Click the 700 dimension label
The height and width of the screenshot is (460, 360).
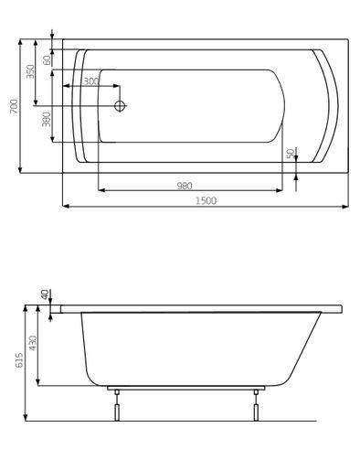(x=13, y=106)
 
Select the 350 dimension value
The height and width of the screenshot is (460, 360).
(x=32, y=71)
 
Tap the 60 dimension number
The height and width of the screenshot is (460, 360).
(x=46, y=60)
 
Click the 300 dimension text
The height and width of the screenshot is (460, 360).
(x=90, y=81)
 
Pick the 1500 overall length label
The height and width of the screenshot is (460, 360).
(x=206, y=200)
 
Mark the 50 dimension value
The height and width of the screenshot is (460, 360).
(x=291, y=154)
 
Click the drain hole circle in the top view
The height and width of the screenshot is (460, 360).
(x=119, y=105)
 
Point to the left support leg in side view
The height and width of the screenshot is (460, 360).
(x=115, y=407)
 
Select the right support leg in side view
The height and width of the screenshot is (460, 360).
(x=251, y=407)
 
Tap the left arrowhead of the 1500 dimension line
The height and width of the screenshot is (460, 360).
(x=67, y=207)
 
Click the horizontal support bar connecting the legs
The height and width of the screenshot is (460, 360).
(x=183, y=389)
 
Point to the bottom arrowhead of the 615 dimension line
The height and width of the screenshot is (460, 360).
(x=22, y=417)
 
